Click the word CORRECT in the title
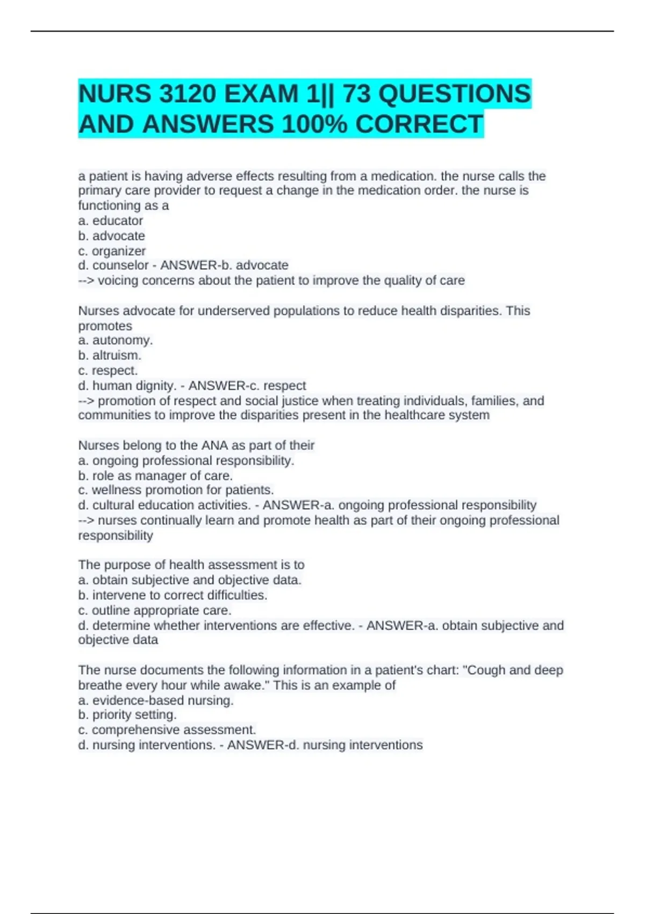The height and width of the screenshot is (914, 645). [419, 124]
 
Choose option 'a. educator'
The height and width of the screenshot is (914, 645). [111, 221]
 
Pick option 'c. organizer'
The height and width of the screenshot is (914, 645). [112, 251]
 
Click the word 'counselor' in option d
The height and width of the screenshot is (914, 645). [120, 266]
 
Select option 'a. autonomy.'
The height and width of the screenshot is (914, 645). [116, 340]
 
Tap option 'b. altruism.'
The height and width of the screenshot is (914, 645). [110, 355]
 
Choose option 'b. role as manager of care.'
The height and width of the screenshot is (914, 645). [155, 476]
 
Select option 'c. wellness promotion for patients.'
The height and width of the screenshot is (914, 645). [176, 490]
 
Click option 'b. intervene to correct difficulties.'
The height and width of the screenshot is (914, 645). [173, 595]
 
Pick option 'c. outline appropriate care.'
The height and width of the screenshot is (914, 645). [155, 610]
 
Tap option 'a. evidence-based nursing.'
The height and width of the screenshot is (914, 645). [156, 701]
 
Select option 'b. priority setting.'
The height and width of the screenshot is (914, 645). [127, 715]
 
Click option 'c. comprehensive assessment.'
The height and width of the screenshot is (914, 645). [167, 730]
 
